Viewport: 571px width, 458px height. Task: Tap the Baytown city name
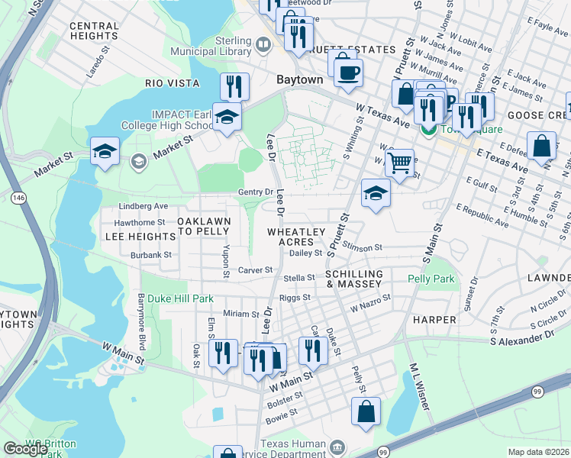(x=298, y=79)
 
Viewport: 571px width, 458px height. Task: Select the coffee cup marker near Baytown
(x=348, y=73)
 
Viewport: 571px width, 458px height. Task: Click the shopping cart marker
(x=399, y=163)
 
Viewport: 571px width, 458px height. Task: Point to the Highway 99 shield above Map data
(x=538, y=392)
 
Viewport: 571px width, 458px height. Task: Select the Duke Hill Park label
(x=180, y=298)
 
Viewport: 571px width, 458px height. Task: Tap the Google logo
(x=26, y=449)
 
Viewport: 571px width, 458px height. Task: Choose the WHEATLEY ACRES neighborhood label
(x=296, y=237)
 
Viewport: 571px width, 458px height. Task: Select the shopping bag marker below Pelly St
(x=366, y=411)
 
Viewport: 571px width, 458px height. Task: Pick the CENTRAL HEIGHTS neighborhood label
(x=95, y=31)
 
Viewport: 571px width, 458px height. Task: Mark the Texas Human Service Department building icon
(x=337, y=445)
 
